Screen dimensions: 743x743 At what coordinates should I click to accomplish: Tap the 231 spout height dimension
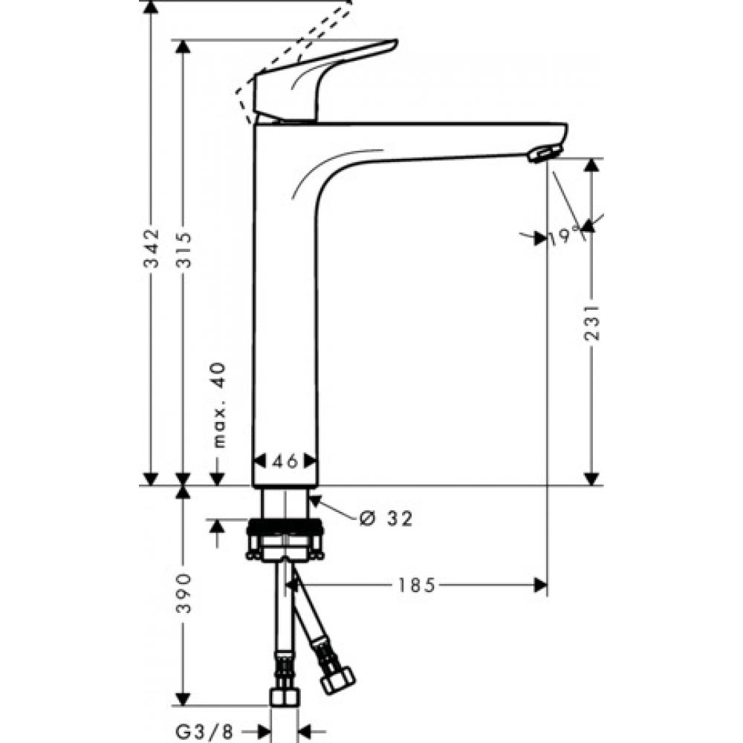(591, 321)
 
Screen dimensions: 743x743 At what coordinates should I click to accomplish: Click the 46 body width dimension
(285, 461)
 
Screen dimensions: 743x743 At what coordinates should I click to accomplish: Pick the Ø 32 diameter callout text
(385, 518)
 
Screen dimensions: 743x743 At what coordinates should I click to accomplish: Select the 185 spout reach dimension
(414, 585)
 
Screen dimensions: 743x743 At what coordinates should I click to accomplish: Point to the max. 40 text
(218, 406)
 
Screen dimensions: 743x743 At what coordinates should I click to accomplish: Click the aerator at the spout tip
(542, 154)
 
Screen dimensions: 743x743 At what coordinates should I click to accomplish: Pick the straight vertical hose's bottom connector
(284, 697)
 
